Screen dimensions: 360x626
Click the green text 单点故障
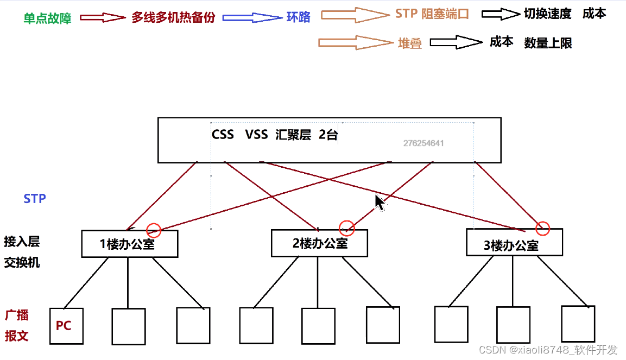(47, 18)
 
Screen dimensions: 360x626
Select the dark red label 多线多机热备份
(173, 18)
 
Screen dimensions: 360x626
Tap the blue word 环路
(299, 17)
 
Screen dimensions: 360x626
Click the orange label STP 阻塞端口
(432, 14)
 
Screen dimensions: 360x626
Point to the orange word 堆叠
(409, 44)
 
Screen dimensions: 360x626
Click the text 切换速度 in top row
(547, 14)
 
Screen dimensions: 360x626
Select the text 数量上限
(548, 43)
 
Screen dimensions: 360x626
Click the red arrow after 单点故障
(103, 18)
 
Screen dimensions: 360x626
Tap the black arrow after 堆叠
(457, 42)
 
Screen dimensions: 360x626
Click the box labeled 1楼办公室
(130, 244)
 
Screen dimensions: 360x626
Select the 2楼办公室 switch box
(319, 243)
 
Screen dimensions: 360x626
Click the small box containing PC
(66, 326)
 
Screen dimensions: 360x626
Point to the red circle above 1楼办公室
(154, 230)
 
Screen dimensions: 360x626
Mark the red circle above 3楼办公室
(542, 229)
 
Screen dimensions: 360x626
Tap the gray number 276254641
(423, 143)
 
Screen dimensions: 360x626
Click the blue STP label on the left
(35, 199)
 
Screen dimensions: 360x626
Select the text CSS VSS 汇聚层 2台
(274, 135)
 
